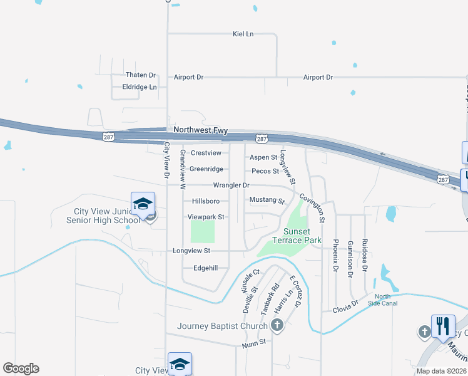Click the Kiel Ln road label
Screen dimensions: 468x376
243,34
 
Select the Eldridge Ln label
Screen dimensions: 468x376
140,87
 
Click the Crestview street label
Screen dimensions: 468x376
206,153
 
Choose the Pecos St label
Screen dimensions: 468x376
265,171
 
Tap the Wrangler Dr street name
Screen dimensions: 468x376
231,185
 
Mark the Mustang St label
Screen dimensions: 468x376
267,201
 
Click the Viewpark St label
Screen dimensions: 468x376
206,217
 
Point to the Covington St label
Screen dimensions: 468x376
312,207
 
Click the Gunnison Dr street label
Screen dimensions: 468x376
350,258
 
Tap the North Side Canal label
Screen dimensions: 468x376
386,300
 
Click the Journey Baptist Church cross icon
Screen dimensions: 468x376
277,325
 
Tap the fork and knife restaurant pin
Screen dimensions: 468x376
443,326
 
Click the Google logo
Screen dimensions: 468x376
21,368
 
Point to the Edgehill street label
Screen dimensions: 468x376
205,268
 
